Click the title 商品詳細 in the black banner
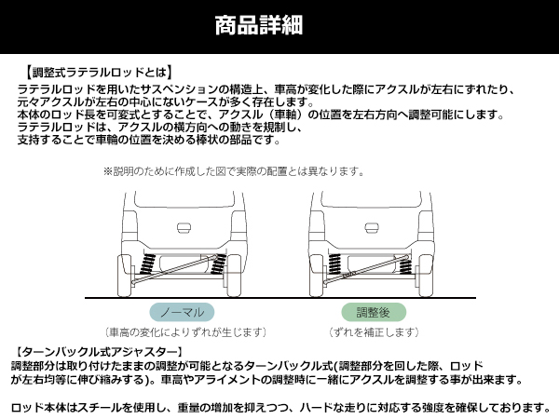tap(259, 25)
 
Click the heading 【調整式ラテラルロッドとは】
tap(99, 73)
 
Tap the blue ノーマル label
tap(182, 312)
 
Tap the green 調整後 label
tap(374, 312)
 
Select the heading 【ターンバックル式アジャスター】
tap(99, 352)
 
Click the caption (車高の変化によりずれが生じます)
tap(185, 332)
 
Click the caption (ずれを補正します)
tap(374, 332)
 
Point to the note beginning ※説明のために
tap(234, 171)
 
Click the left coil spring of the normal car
tap(146, 264)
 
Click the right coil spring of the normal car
tap(218, 264)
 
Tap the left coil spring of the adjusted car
tap(334, 264)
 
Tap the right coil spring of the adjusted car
tap(405, 264)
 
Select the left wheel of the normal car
tap(125, 276)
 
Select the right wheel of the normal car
tap(234, 276)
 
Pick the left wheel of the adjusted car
tap(316, 276)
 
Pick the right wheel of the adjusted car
tap(426, 276)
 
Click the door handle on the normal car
tap(184, 228)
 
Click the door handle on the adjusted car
tap(372, 228)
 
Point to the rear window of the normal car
tap(184, 199)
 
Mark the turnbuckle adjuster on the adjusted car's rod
tap(348, 276)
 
